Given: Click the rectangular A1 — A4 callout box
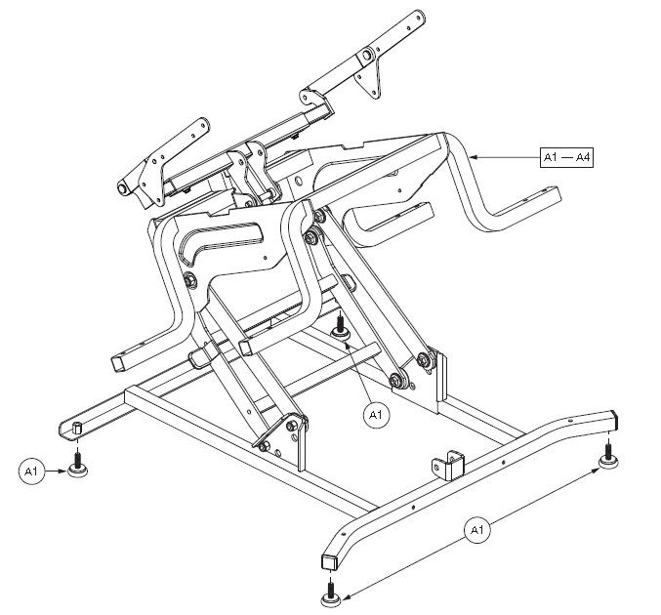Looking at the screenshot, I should (566, 157).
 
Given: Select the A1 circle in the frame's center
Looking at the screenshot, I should (376, 415).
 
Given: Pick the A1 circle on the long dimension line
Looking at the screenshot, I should (476, 531).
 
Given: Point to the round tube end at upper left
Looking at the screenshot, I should (124, 185).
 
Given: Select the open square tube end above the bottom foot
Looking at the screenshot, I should (329, 559).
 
